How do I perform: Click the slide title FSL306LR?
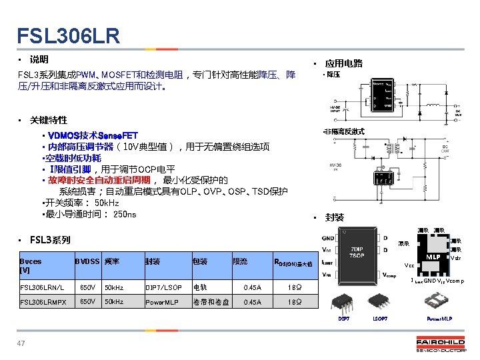click(x=69, y=35)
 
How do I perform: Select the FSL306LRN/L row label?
click(x=42, y=287)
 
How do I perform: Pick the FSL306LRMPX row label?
click(x=43, y=302)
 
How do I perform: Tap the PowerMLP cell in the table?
click(x=162, y=302)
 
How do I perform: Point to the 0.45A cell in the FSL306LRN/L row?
click(x=253, y=287)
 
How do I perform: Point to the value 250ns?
click(x=125, y=214)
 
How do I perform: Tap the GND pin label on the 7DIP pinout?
click(x=328, y=237)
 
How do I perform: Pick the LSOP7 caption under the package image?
click(x=379, y=319)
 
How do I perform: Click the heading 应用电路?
click(x=343, y=63)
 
